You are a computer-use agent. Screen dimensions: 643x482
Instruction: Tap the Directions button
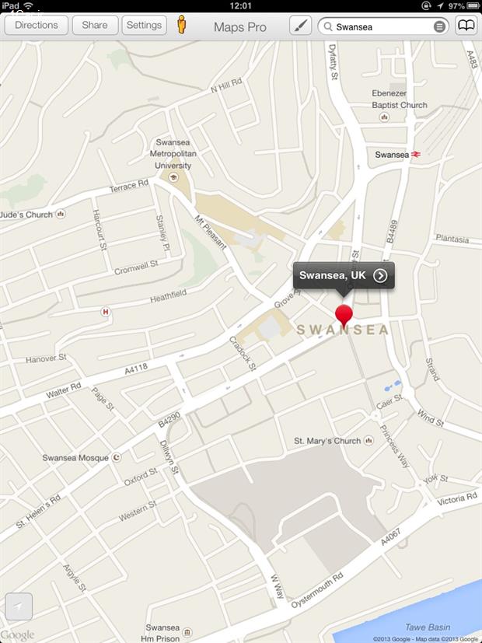[x=37, y=25]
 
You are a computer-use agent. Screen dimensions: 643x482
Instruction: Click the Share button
[x=95, y=25]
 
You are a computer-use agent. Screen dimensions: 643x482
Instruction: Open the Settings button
[x=144, y=25]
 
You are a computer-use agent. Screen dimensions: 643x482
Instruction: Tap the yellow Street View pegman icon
[x=182, y=25]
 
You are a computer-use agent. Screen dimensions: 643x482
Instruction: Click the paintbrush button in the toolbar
[x=300, y=26]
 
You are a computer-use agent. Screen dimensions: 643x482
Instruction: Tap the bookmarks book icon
[x=466, y=26]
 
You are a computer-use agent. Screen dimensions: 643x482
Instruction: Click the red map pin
[x=344, y=315]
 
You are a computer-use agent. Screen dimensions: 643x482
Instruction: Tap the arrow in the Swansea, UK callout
[x=380, y=275]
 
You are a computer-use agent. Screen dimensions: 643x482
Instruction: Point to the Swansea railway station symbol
[x=417, y=155]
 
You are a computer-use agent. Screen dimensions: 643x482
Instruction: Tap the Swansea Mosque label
[x=75, y=458]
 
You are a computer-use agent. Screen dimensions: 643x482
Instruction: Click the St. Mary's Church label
[x=327, y=441]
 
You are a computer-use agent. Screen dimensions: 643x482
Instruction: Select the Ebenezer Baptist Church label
[x=399, y=100]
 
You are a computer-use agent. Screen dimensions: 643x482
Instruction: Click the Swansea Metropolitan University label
[x=173, y=154]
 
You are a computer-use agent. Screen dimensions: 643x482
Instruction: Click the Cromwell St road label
[x=136, y=267]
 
